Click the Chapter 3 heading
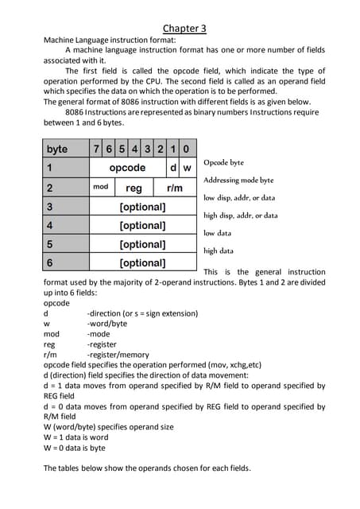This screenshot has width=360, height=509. pyautogui.click(x=184, y=29)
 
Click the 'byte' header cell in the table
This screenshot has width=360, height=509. pyautogui.click(x=57, y=149)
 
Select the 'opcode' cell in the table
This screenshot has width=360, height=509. pyautogui.click(x=127, y=168)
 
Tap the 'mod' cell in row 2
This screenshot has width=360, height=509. pyautogui.click(x=100, y=187)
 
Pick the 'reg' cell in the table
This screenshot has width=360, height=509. pyautogui.click(x=134, y=188)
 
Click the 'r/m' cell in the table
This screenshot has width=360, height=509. pyautogui.click(x=174, y=188)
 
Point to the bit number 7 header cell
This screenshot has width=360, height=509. pyautogui.click(x=96, y=149)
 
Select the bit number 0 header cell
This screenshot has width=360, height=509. pyautogui.click(x=186, y=149)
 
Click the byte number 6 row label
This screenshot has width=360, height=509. pyautogui.click(x=49, y=262)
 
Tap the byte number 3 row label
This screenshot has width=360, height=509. pyautogui.click(x=49, y=207)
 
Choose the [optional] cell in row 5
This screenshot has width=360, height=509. pyautogui.click(x=142, y=244)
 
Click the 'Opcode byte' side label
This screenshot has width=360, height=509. pyautogui.click(x=225, y=162)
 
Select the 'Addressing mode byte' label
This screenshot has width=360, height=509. pyautogui.click(x=238, y=180)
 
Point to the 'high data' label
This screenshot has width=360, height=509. pyautogui.click(x=219, y=251)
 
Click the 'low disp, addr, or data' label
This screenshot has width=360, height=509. pyautogui.click(x=239, y=197)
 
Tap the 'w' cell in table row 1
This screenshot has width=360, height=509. pyautogui.click(x=188, y=168)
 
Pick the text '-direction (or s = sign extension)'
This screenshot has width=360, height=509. pyautogui.click(x=142, y=313)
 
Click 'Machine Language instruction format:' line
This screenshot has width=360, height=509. pyautogui.click(x=110, y=39)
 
